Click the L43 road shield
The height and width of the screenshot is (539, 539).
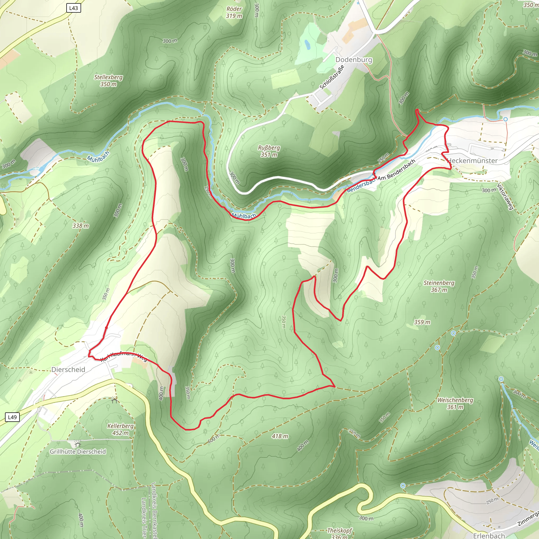(74, 8)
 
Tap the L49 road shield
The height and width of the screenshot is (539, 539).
(12, 417)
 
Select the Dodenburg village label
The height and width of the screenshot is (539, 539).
(353, 60)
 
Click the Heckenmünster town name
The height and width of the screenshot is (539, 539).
(472, 161)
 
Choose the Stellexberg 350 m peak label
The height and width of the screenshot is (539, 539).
(108, 80)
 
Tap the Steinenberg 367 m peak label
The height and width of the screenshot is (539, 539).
(439, 286)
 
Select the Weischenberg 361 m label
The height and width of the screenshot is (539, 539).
(455, 403)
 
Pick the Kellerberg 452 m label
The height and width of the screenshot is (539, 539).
(121, 429)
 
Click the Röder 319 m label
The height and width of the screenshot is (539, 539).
(234, 12)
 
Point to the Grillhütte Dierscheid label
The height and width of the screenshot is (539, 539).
(78, 451)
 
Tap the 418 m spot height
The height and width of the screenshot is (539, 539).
(280, 436)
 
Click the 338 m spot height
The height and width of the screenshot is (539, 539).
(81, 226)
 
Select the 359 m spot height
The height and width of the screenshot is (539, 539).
(422, 322)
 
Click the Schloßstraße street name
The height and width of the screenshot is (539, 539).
(332, 77)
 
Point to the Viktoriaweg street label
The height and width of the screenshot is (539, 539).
(505, 196)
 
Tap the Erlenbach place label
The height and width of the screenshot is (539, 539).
(489, 535)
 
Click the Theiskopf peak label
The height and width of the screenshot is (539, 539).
(340, 530)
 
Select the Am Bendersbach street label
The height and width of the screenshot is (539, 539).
(397, 170)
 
